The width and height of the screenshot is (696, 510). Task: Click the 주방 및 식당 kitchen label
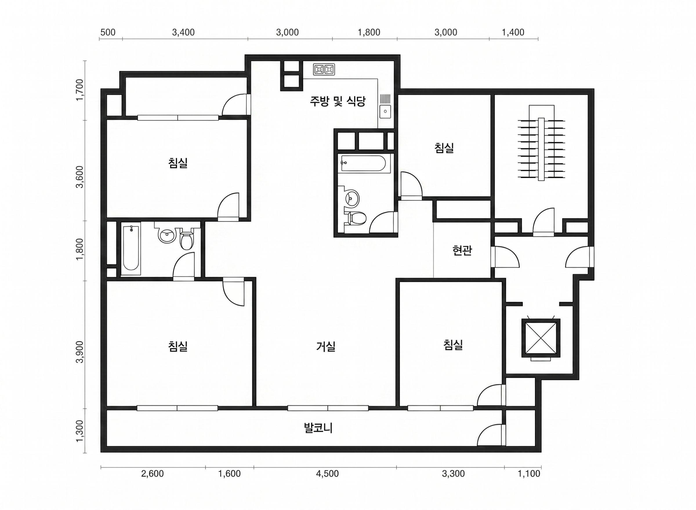point(338,101)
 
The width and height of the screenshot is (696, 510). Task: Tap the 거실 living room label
point(326,346)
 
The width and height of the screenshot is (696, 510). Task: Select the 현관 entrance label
point(462,251)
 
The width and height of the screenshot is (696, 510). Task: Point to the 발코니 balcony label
point(318,428)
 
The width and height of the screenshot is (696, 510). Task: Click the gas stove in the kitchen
point(324,69)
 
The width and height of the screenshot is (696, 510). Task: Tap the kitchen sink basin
point(385,111)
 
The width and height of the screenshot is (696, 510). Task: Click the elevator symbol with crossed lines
point(541,338)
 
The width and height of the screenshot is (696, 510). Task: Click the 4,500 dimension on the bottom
point(327,474)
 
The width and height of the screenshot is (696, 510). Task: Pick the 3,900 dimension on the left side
point(80,352)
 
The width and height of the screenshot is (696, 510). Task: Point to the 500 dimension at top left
point(108,32)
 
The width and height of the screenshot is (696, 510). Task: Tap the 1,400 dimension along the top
point(513,32)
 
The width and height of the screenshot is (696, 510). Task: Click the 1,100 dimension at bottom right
point(529,474)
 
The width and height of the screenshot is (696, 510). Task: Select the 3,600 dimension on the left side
point(80,176)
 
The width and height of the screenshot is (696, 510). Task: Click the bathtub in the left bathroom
point(131,250)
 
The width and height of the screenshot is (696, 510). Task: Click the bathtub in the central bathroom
point(364,163)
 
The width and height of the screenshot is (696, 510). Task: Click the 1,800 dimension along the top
point(369,32)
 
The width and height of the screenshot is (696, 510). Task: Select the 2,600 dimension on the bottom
point(152,474)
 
